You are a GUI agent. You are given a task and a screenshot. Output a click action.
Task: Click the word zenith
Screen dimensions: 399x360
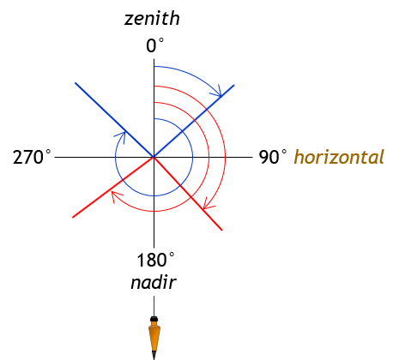[152, 19]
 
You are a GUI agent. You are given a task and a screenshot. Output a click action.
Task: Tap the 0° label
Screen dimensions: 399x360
[154, 45]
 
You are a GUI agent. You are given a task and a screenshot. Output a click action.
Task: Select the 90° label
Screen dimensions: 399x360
[272, 157]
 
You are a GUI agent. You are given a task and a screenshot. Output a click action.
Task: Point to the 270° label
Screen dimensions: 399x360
[32, 157]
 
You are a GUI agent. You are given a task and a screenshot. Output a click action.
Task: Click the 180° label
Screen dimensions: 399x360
[155, 260]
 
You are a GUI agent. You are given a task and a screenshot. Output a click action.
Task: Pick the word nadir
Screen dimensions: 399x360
[154, 283]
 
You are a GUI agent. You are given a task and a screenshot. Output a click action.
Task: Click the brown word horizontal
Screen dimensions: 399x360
[339, 157]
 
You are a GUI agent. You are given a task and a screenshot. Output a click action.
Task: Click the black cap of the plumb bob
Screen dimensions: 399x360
[154, 319]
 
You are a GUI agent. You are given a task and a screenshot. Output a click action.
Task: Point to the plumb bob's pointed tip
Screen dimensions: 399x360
[154, 358]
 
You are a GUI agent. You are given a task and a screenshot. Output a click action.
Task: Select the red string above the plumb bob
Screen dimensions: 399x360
[154, 306]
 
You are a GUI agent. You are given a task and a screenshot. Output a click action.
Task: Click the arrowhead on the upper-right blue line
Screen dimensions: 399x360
[217, 92]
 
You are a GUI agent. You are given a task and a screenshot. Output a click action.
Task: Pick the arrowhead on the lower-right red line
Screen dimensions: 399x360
[209, 204]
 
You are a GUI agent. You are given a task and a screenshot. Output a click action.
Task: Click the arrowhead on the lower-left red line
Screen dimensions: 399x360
[116, 196]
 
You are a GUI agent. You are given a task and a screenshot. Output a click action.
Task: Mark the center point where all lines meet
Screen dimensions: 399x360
[154, 157]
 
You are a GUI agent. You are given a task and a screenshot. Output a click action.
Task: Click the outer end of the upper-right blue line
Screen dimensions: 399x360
[233, 85]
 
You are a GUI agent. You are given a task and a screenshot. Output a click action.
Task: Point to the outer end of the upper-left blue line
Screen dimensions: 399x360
[76, 83]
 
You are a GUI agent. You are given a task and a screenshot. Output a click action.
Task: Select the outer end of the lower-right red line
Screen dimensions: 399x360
[221, 230]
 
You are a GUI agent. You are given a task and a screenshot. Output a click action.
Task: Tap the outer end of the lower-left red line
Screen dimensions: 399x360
[73, 217]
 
